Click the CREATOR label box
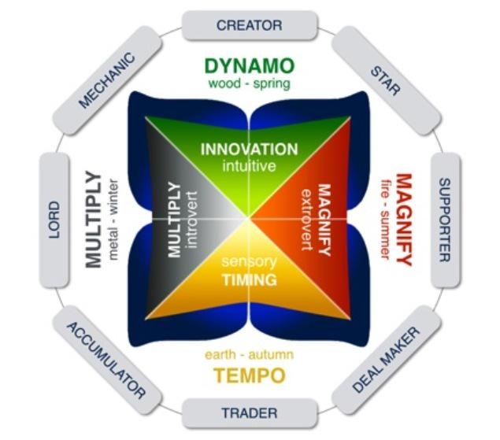pyautogui.click(x=250, y=25)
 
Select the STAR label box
pyautogui.click(x=387, y=80)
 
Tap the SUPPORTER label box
pyautogui.click(x=445, y=220)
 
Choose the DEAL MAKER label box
pyautogui.click(x=387, y=360)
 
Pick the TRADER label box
pyautogui.click(x=250, y=413)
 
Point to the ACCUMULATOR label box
pyautogui.click(x=106, y=360)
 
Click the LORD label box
pyautogui.click(x=54, y=220)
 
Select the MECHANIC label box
pyautogui.click(x=106, y=80)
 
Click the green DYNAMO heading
pyautogui.click(x=250, y=65)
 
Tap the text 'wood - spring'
pyautogui.click(x=250, y=84)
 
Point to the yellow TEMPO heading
pyautogui.click(x=250, y=375)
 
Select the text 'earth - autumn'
pyautogui.click(x=250, y=354)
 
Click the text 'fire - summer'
pyautogui.click(x=386, y=220)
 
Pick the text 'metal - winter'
pyautogui.click(x=113, y=220)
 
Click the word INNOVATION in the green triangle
pyautogui.click(x=250, y=150)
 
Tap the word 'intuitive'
pyautogui.click(x=250, y=166)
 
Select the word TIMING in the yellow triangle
pyautogui.click(x=250, y=280)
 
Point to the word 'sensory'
pyautogui.click(x=250, y=261)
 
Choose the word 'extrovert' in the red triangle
pyautogui.click(x=307, y=220)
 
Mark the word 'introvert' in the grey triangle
pyautogui.click(x=192, y=220)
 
